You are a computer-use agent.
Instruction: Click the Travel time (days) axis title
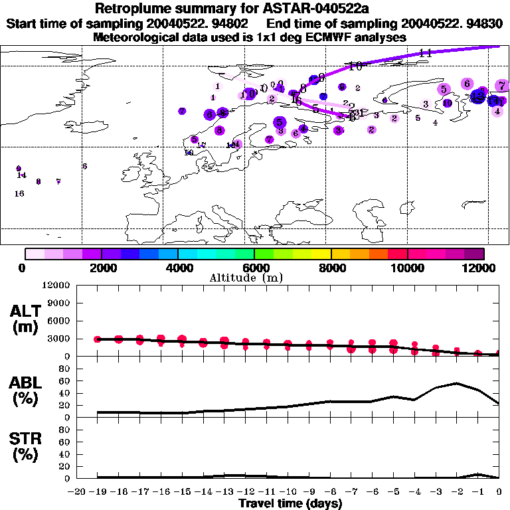pos(290,504)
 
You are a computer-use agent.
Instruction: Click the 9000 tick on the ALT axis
pos(59,303)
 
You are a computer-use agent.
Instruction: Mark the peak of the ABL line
pos(457,383)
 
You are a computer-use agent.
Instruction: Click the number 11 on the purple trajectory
pos(426,53)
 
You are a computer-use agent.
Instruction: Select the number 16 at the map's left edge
pos(19,194)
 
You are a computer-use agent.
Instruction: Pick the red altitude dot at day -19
pos(98,339)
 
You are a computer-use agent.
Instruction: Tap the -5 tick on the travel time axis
pos(392,492)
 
